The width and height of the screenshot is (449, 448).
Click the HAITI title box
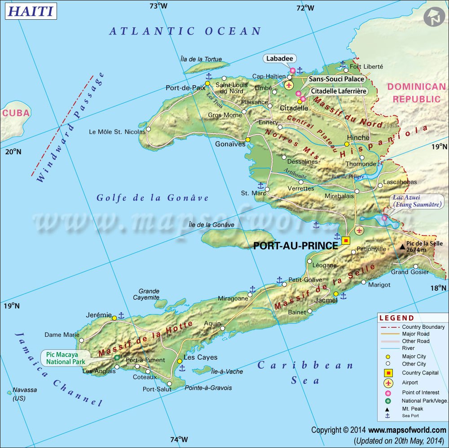[31, 11]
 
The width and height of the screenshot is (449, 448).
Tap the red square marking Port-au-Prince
[346, 240]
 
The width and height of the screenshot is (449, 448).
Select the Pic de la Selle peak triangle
[402, 247]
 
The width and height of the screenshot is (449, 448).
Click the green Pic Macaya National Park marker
[117, 357]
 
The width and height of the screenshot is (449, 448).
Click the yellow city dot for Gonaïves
[247, 139]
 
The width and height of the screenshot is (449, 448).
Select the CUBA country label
[16, 113]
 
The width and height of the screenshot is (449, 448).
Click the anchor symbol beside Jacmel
[343, 296]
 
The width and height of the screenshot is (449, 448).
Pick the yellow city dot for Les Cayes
[180, 361]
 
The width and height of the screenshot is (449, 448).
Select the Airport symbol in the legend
[388, 383]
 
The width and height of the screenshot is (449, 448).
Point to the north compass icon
[432, 17]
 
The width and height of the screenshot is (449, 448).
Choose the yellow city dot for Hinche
[347, 144]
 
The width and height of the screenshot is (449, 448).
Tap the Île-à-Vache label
[227, 371]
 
